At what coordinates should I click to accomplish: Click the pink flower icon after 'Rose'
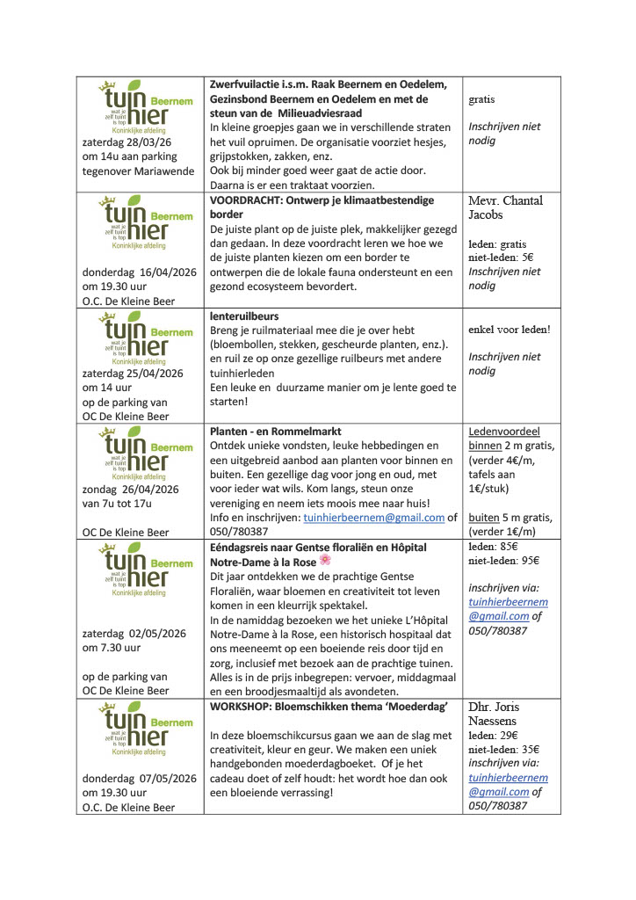(325, 560)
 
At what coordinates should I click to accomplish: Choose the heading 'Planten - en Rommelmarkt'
(275, 432)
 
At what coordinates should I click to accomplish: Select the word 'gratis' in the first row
(481, 99)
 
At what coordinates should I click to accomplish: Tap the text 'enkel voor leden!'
(510, 330)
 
